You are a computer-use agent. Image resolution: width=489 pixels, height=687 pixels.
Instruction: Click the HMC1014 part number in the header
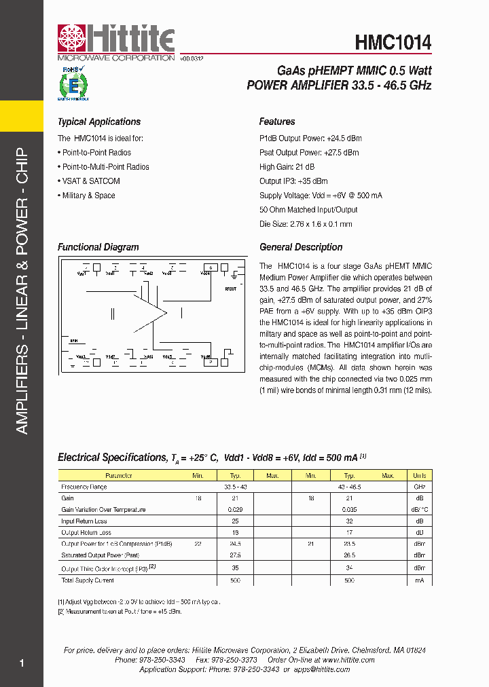point(393,43)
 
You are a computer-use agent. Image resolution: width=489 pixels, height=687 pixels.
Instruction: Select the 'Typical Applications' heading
point(99,122)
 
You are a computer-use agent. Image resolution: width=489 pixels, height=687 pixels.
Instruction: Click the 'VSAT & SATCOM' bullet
point(91,181)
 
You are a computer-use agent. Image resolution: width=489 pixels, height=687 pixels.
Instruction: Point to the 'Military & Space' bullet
point(88,196)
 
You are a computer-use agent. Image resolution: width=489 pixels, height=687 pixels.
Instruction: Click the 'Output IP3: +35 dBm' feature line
point(293,181)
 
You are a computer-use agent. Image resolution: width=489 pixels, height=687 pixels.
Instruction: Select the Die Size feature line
point(306,224)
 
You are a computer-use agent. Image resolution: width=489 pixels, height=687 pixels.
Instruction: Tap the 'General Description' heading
point(301,248)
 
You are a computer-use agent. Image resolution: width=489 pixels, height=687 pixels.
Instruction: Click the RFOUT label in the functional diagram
point(231,289)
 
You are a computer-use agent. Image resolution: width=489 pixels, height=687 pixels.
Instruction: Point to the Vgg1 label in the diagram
point(81,273)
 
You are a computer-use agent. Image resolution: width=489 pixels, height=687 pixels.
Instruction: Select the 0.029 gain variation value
point(235,509)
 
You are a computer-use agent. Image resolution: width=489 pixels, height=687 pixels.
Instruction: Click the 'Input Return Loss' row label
point(84,521)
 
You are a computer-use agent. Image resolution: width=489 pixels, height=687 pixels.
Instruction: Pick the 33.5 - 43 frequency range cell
point(235,487)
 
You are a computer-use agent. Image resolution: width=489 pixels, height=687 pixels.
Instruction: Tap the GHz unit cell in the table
point(420,487)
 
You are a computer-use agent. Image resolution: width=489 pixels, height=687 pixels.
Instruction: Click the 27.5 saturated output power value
point(235,555)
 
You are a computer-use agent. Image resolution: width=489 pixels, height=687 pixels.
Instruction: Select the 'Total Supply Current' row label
point(88,580)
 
